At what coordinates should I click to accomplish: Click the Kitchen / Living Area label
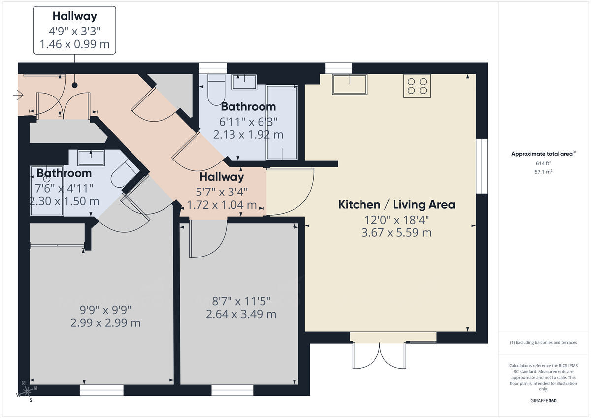click(396, 204)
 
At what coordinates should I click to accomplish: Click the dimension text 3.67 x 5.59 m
click(396, 232)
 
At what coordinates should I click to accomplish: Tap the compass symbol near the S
click(27, 392)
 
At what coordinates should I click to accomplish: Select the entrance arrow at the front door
click(19, 94)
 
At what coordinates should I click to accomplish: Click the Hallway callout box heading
click(74, 16)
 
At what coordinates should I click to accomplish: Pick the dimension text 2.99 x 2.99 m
click(105, 323)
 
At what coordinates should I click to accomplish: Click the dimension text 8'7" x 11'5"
click(241, 301)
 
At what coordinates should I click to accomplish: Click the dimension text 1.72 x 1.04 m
click(222, 205)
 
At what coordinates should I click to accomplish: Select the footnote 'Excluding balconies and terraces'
click(543, 342)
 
